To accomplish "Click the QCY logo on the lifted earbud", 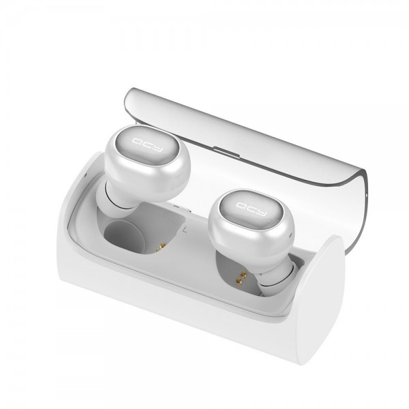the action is tap(147, 145).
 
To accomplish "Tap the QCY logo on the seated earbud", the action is tap(252, 209).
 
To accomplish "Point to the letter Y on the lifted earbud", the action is tap(158, 149).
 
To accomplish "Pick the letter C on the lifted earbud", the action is tap(147, 145).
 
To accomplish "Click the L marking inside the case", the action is tap(185, 230).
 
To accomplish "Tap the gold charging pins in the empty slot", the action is tap(161, 247).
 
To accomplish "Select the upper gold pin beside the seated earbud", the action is tap(243, 275).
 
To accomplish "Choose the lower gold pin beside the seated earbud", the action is tap(239, 281).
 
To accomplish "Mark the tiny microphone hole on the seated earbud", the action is tap(290, 236).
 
